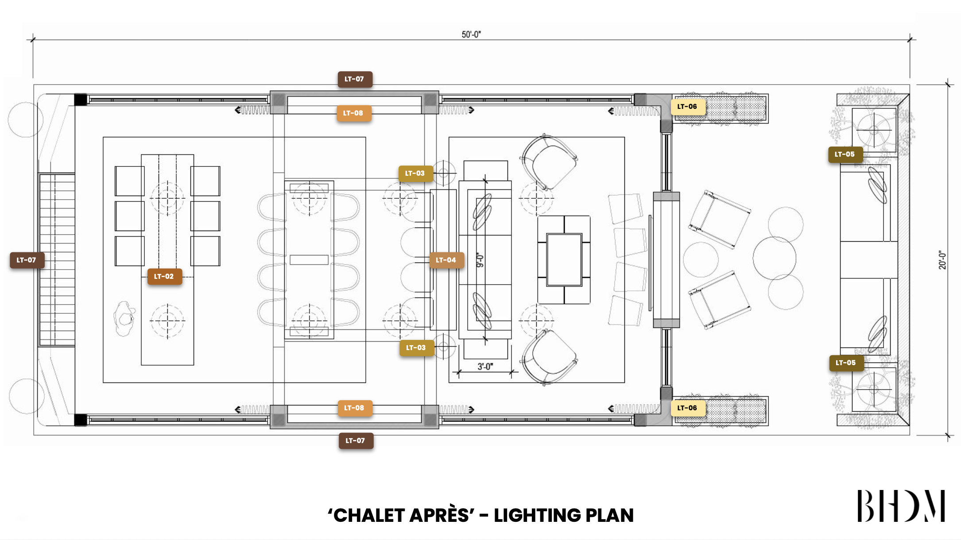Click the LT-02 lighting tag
click(x=164, y=277)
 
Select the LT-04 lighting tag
click(x=446, y=260)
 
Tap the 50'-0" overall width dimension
click(x=471, y=35)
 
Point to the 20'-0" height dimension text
click(x=942, y=260)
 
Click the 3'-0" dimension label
click(x=485, y=366)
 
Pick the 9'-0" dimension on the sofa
click(x=480, y=260)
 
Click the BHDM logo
click(x=901, y=505)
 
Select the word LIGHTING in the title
click(x=537, y=515)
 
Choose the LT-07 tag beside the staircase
click(x=27, y=260)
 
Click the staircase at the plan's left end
click(x=57, y=259)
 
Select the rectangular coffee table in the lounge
click(x=564, y=260)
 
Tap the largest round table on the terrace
click(x=774, y=258)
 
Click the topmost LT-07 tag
click(x=355, y=79)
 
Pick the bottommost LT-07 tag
click(x=356, y=441)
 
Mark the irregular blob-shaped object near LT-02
click(x=124, y=318)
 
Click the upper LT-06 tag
click(x=688, y=107)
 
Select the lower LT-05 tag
click(x=846, y=363)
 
